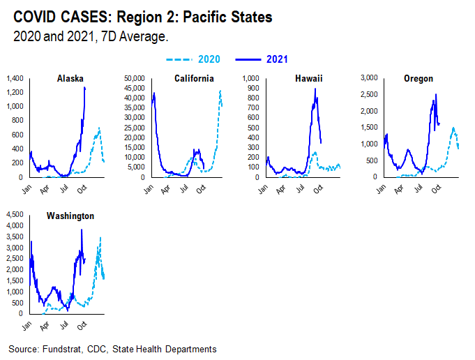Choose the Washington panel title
(70, 216)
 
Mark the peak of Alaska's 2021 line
(84, 87)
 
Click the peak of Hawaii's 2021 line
(315, 89)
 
